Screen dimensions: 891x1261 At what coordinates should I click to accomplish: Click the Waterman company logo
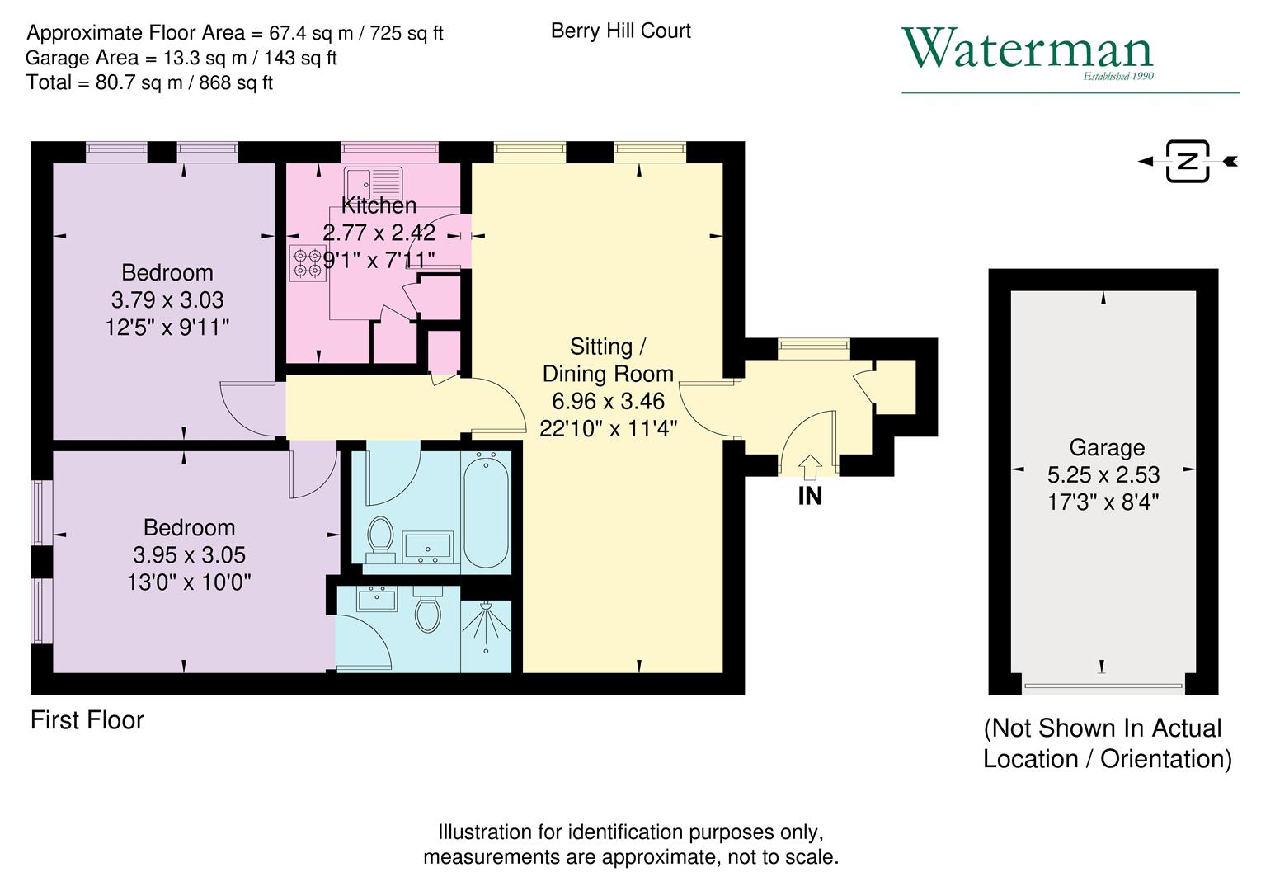pyautogui.click(x=1028, y=52)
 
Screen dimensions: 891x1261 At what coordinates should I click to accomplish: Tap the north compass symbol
pyautogui.click(x=1188, y=161)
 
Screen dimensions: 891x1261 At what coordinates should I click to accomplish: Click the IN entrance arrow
pyautogui.click(x=810, y=468)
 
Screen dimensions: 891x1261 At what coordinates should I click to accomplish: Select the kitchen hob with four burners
pyautogui.click(x=308, y=262)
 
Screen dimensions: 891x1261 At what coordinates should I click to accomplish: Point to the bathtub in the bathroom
pyautogui.click(x=485, y=511)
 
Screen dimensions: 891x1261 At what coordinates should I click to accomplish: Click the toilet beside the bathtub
pyautogui.click(x=380, y=538)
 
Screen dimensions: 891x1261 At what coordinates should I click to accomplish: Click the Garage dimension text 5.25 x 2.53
pyautogui.click(x=1103, y=475)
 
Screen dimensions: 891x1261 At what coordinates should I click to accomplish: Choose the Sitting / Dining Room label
pyautogui.click(x=608, y=360)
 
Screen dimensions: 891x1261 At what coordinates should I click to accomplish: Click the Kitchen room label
pyautogui.click(x=379, y=205)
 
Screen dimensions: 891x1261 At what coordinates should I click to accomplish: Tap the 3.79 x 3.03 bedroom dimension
pyautogui.click(x=167, y=300)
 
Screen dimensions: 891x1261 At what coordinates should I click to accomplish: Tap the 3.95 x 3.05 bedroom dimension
pyautogui.click(x=189, y=555)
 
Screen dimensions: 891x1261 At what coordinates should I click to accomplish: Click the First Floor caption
pyautogui.click(x=87, y=720)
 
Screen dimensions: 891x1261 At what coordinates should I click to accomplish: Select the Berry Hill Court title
pyautogui.click(x=620, y=31)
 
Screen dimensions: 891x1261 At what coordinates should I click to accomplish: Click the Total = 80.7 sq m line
pyautogui.click(x=149, y=82)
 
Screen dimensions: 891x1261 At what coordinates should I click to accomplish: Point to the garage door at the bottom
pyautogui.click(x=1103, y=685)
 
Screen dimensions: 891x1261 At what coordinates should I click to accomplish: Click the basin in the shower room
pyautogui.click(x=378, y=599)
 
